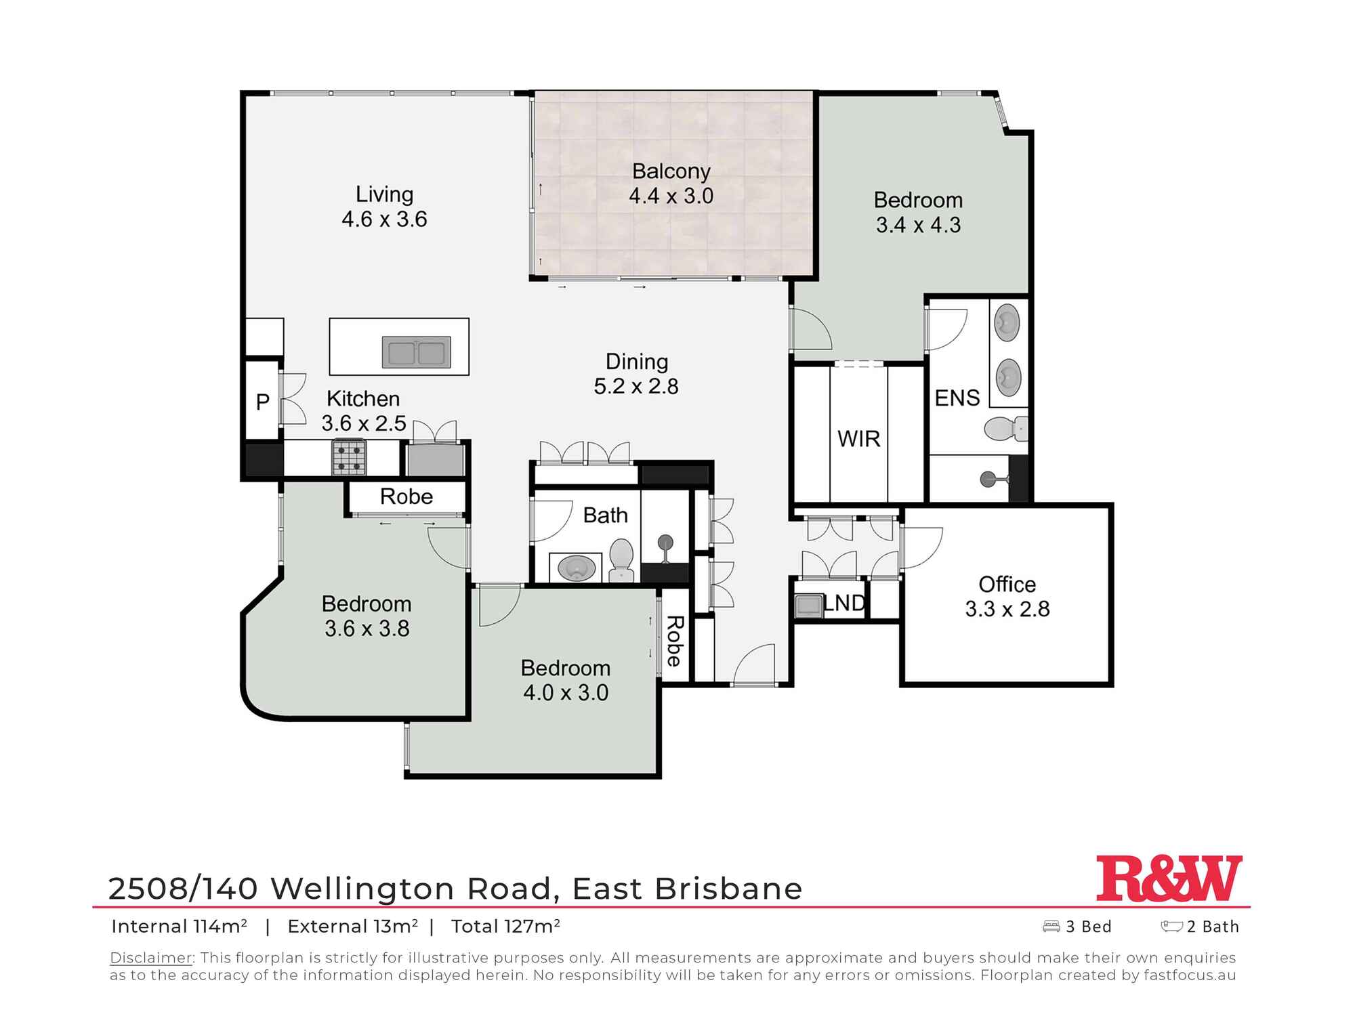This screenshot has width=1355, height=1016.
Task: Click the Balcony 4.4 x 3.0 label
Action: tap(671, 184)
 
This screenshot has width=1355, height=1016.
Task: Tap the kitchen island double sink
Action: tap(416, 352)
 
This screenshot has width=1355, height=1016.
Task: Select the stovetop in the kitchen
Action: tap(348, 457)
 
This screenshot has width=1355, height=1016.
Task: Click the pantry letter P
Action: tap(263, 402)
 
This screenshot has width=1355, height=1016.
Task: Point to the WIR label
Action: tap(858, 439)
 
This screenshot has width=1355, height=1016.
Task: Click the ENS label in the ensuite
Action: tap(957, 398)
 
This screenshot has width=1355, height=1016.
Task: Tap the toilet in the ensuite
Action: tap(1005, 429)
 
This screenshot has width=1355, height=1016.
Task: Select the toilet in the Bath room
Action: tap(621, 559)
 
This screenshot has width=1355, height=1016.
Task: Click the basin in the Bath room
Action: tap(576, 568)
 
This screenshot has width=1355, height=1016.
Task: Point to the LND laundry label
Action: tap(844, 603)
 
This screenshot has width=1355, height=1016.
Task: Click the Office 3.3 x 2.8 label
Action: tap(1007, 596)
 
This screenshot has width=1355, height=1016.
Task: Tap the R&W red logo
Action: tap(1169, 879)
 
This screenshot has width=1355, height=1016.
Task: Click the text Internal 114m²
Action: tap(179, 927)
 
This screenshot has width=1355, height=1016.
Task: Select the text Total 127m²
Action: tap(505, 927)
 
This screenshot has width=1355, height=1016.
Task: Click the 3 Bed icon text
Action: tap(1087, 927)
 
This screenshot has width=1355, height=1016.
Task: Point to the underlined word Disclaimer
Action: tap(150, 958)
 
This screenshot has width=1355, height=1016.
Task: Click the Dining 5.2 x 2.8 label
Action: tap(636, 374)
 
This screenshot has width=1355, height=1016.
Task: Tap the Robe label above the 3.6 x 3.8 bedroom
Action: tap(406, 496)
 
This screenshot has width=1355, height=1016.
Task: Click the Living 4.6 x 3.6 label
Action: tap(384, 207)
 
